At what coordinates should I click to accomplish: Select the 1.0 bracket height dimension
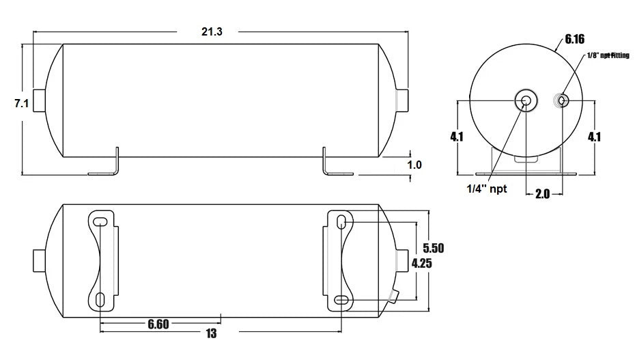[x=414, y=165]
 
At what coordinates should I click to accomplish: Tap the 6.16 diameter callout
[x=575, y=40]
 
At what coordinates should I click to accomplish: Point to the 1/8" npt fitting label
[x=608, y=55]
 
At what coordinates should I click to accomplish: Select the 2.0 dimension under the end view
[x=542, y=194]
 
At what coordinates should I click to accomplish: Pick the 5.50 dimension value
[x=434, y=248]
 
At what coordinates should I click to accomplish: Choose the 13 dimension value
[x=212, y=334]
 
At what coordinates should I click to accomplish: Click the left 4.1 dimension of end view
[x=457, y=137]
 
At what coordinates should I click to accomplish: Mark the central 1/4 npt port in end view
[x=526, y=101]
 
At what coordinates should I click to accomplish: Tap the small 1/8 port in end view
[x=561, y=101]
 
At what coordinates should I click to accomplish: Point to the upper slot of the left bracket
[x=100, y=220]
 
